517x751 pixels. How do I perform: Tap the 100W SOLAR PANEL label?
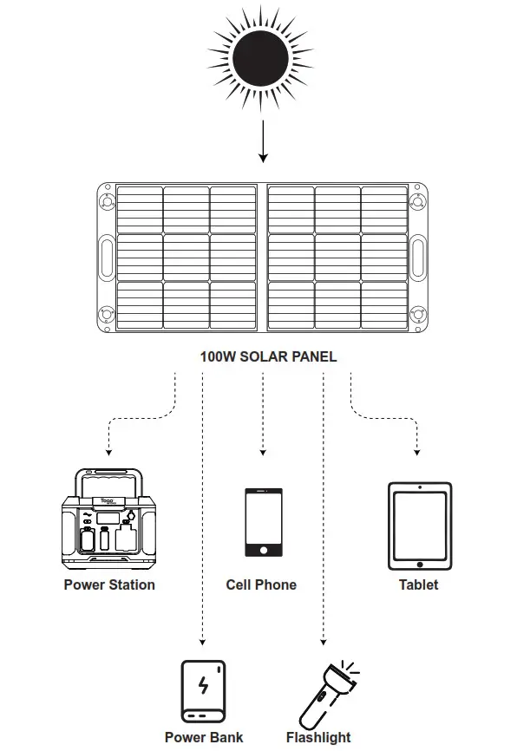(x=268, y=356)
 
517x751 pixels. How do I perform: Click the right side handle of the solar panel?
(x=418, y=258)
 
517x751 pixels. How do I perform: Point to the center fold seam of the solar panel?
(x=262, y=258)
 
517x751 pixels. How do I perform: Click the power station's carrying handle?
(x=109, y=478)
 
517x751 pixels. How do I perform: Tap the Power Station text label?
(x=109, y=584)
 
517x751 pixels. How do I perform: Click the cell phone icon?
(x=262, y=522)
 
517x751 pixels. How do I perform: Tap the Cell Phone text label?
(x=261, y=584)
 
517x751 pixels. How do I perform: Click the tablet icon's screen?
(x=418, y=527)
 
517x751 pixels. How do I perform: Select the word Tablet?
(x=418, y=584)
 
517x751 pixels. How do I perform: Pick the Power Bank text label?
(x=204, y=737)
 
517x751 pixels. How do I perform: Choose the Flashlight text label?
(x=318, y=737)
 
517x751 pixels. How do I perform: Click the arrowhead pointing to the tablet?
(x=418, y=453)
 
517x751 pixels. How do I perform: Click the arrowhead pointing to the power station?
(x=108, y=453)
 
